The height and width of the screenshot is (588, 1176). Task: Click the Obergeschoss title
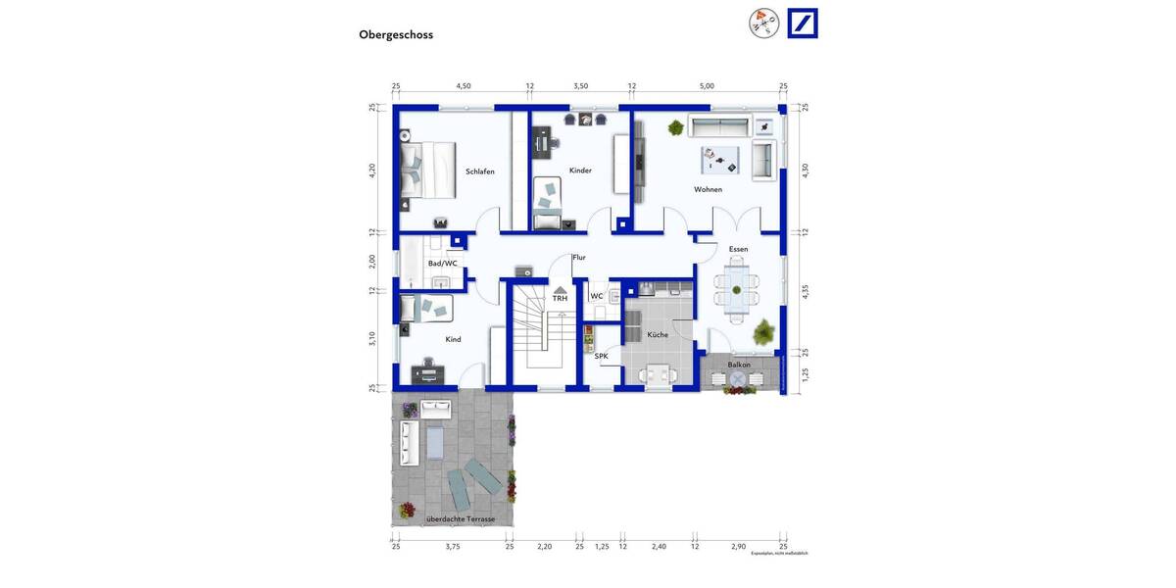click(396, 34)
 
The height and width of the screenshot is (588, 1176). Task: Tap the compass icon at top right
click(763, 23)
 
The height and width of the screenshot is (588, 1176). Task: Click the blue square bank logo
click(803, 23)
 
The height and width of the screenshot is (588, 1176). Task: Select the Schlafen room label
click(480, 171)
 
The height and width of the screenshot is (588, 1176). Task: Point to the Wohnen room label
click(708, 189)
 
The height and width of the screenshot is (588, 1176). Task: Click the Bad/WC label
click(442, 263)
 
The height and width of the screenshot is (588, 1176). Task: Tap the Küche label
click(658, 335)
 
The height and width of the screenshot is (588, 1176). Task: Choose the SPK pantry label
click(601, 356)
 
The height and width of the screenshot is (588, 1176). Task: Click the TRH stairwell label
click(560, 298)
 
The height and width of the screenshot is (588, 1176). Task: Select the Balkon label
click(739, 365)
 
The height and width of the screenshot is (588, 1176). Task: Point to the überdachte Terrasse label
click(461, 518)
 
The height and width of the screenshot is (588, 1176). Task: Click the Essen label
click(738, 249)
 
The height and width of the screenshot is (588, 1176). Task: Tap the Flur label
click(579, 258)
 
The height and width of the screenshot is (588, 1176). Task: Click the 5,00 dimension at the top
click(707, 86)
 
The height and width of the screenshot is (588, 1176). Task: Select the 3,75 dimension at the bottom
click(453, 546)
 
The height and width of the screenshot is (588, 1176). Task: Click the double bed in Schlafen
click(427, 170)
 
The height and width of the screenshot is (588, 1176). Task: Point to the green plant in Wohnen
click(675, 127)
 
